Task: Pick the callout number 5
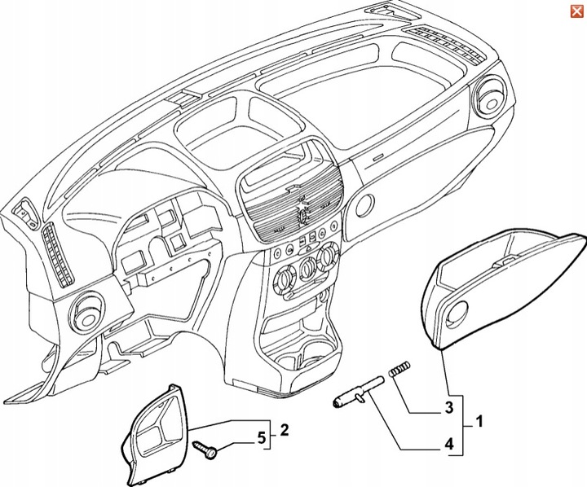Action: [x=261, y=439]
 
